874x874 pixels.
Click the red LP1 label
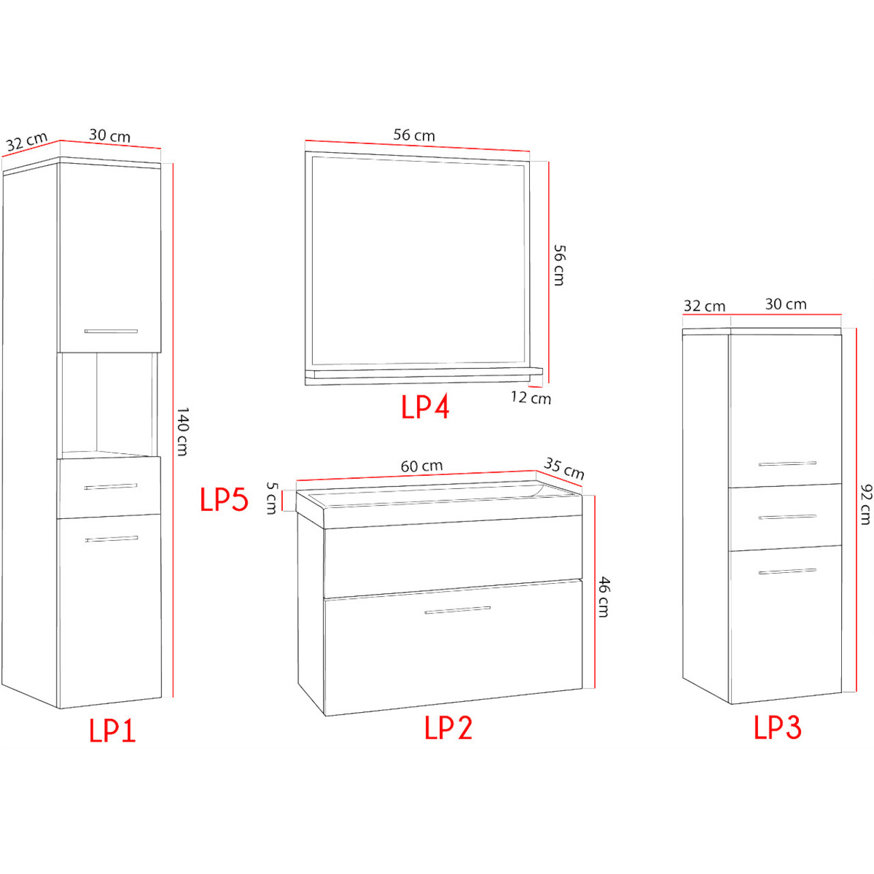point(113,731)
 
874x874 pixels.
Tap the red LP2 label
point(448,728)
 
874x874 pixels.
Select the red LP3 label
point(778,727)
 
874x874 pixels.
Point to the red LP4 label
point(425,406)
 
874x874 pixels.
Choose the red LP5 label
point(224,499)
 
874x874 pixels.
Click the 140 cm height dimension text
point(182,432)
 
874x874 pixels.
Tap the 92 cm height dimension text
point(866,505)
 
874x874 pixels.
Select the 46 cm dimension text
point(603,597)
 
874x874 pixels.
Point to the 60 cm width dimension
point(421,466)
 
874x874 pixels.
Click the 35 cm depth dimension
point(564,468)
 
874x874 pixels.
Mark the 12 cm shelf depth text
point(531,398)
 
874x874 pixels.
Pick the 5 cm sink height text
point(271,498)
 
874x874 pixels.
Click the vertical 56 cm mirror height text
point(559,266)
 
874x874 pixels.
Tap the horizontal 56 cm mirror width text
point(414,135)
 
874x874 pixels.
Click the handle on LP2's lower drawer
point(457,610)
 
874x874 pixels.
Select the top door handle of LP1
point(111,331)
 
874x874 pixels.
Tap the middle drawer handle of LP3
point(787,517)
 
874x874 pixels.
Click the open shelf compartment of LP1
point(110,404)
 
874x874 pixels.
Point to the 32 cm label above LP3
point(705,306)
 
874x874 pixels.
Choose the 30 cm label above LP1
point(109,136)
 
